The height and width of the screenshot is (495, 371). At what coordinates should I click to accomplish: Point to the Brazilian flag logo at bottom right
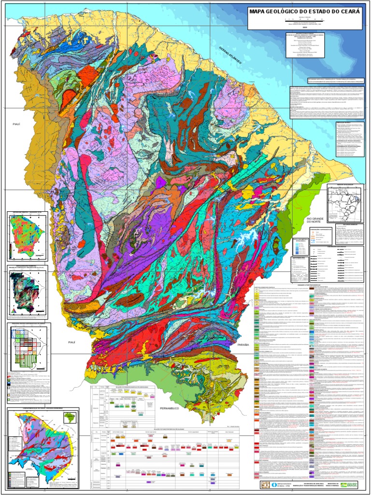(x=351, y=485)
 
